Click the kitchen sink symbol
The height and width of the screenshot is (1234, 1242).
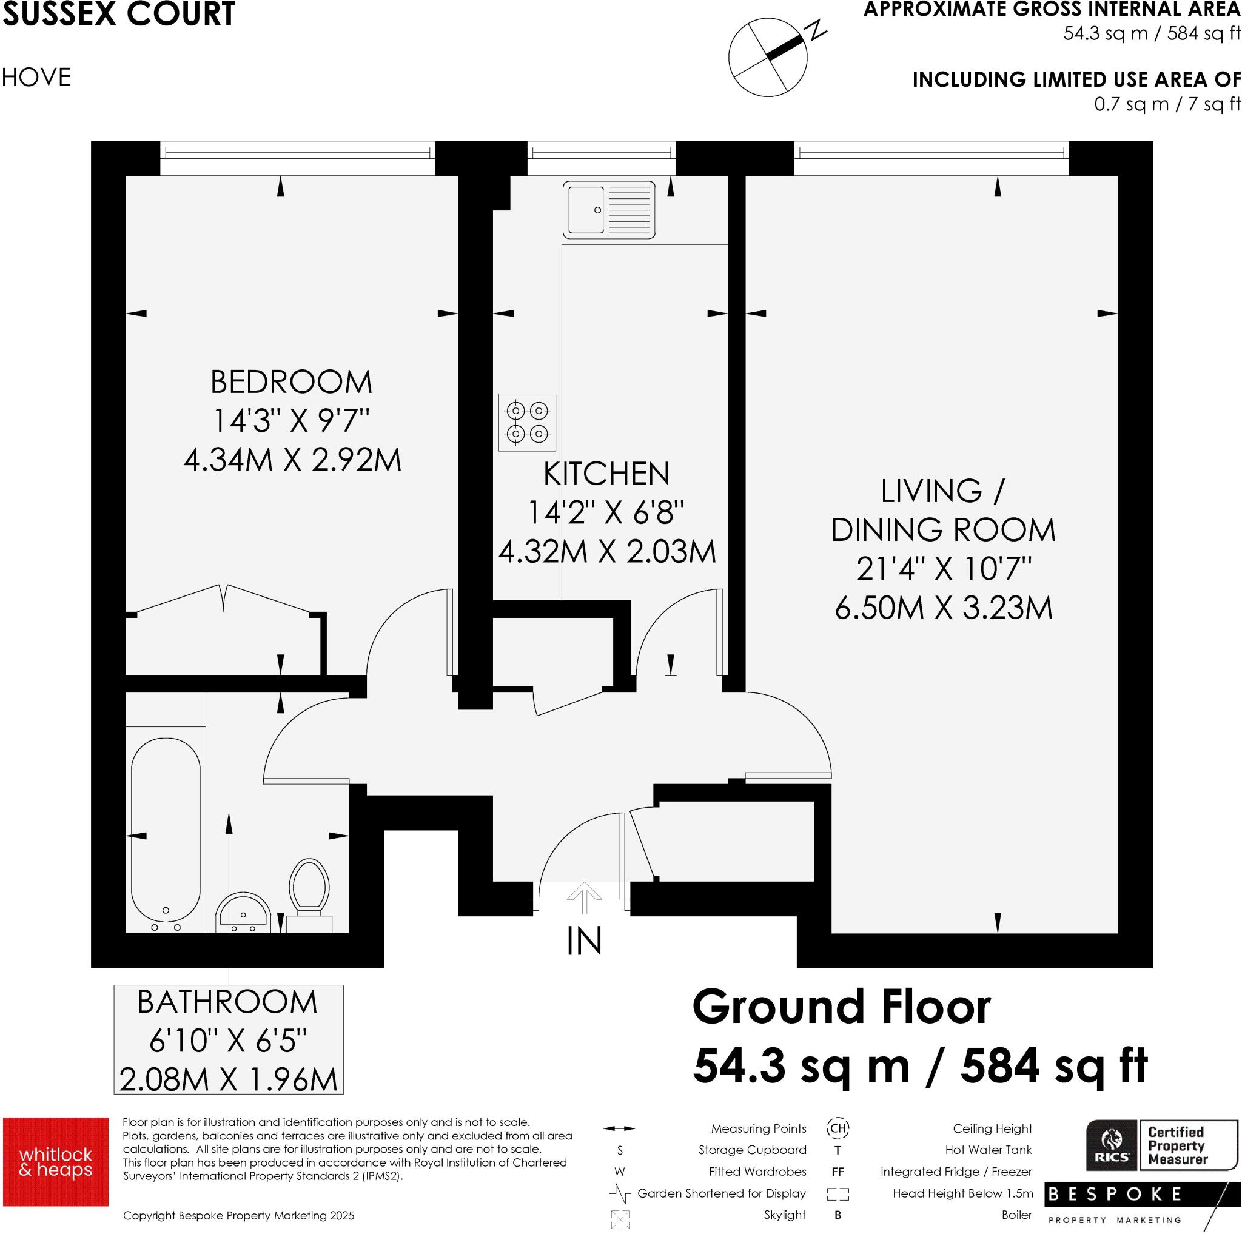(x=609, y=210)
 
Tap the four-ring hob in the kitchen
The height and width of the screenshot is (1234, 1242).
(x=526, y=421)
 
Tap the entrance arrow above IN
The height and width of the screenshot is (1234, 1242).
(x=584, y=898)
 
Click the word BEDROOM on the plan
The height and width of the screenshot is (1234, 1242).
(x=291, y=383)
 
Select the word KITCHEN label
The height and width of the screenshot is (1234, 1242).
(x=606, y=474)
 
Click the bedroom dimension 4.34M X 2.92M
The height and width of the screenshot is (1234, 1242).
(x=292, y=460)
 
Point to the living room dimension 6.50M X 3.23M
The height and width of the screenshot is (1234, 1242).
(x=943, y=608)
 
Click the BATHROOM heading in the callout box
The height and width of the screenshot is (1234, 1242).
(x=227, y=1002)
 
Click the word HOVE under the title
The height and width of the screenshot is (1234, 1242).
(x=36, y=78)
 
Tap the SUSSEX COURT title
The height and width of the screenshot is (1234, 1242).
(x=119, y=14)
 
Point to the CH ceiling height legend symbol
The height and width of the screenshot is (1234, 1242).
(x=838, y=1128)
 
